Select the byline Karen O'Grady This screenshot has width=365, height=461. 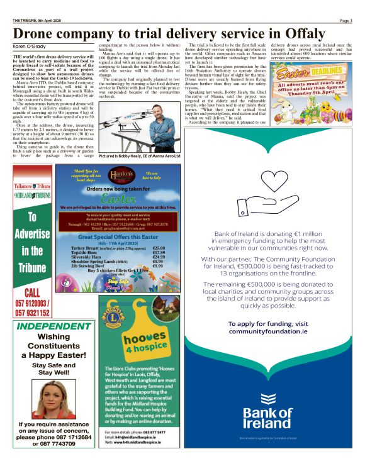[30, 47]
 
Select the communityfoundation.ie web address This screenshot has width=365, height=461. [268, 331]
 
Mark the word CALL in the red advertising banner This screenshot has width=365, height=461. [31, 292]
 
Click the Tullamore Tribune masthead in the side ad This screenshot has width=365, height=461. [31, 187]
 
